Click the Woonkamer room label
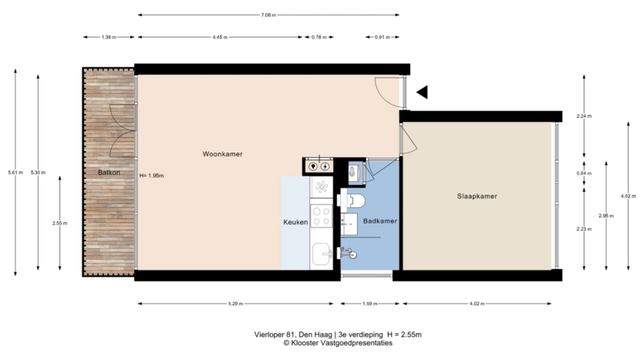point(223,154)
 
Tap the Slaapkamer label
point(477,197)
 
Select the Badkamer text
point(380,220)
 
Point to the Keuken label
point(295,222)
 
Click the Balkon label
point(109,173)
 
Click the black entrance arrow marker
point(422,92)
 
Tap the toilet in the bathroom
point(352,200)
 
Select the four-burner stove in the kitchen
point(321,216)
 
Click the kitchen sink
point(321,254)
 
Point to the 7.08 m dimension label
point(268,15)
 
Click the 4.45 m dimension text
point(220,37)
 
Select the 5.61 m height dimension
point(15,173)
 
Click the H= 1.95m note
point(152,176)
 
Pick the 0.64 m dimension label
point(584,173)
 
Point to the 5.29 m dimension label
point(235,304)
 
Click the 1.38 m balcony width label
point(109,37)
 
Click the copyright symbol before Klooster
point(286,343)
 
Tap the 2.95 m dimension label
point(606,216)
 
